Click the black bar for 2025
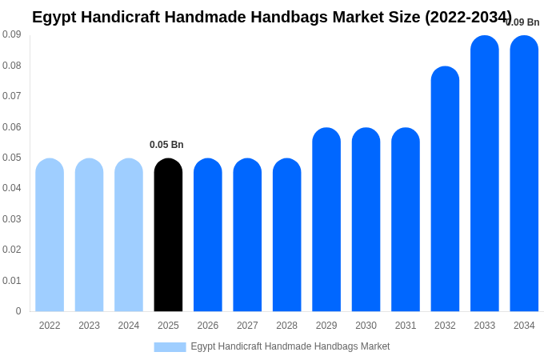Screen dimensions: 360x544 pyautogui.click(x=168, y=235)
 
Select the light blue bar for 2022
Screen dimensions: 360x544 pyautogui.click(x=50, y=235)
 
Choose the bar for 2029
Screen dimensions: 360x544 pyautogui.click(x=326, y=220)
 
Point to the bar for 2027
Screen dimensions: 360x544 pyautogui.click(x=247, y=235)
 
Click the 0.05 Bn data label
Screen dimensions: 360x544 pyautogui.click(x=166, y=145)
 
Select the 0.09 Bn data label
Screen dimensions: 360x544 pyautogui.click(x=523, y=22)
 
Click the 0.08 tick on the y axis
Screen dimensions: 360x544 pyautogui.click(x=12, y=66)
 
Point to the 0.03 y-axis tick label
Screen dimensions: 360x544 pyautogui.click(x=12, y=219)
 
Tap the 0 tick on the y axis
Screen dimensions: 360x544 pyautogui.click(x=18, y=311)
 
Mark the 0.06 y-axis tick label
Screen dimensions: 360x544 pyautogui.click(x=12, y=127)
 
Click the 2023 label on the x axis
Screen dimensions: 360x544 pyautogui.click(x=89, y=326)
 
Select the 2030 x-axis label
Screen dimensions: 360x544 pyautogui.click(x=366, y=326)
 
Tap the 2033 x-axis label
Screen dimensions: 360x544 pyautogui.click(x=485, y=326)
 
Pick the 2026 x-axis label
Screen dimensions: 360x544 pyautogui.click(x=208, y=326)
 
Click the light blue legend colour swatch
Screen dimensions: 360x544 pyautogui.click(x=170, y=347)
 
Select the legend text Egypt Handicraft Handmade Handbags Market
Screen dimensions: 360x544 pyautogui.click(x=290, y=346)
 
